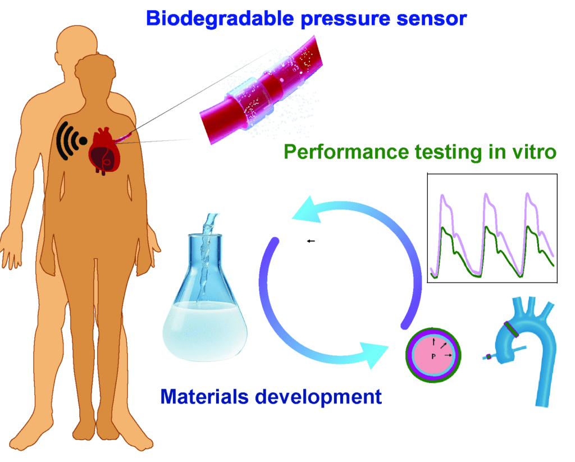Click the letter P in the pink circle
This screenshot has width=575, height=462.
tap(433, 356)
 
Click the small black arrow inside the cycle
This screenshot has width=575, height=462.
tap(311, 241)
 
